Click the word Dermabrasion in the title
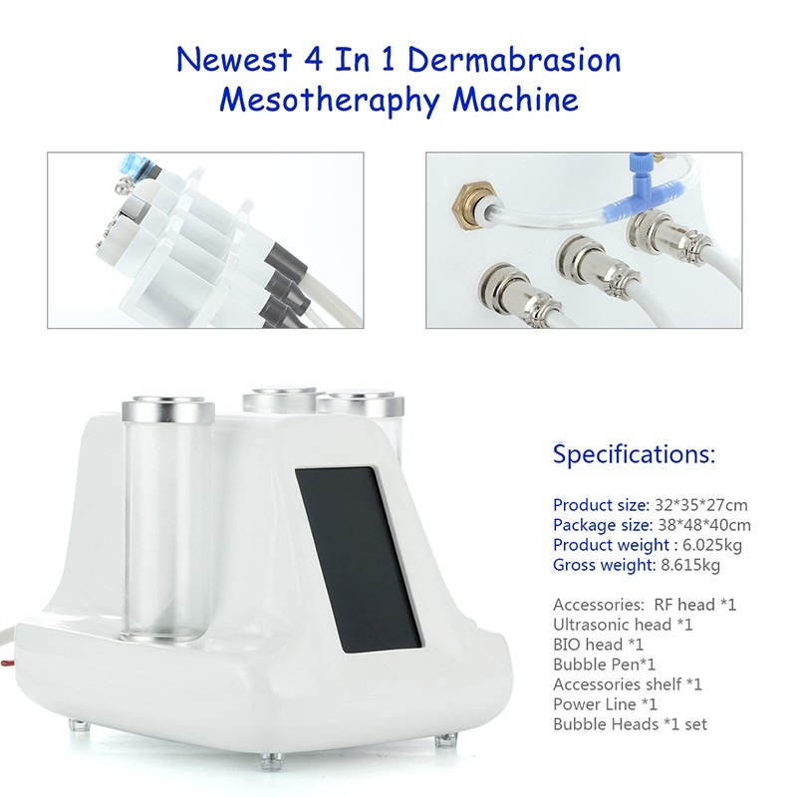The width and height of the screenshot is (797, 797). click(x=514, y=60)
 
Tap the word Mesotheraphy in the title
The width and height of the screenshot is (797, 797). click(x=330, y=100)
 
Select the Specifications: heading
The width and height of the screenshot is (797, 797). click(x=634, y=453)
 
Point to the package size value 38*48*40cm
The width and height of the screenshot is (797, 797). click(x=704, y=525)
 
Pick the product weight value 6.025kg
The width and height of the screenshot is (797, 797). click(x=711, y=545)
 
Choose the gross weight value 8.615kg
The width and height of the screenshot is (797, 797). click(x=689, y=565)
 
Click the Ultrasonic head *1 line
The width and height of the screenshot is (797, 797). click(x=623, y=625)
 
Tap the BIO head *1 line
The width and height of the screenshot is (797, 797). click(x=599, y=645)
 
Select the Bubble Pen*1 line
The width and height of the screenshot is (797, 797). click(x=605, y=664)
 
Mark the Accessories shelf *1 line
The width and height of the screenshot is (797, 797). click(x=628, y=684)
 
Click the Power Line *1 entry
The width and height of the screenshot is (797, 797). click(x=605, y=704)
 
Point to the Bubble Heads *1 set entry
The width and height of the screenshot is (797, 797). click(x=630, y=724)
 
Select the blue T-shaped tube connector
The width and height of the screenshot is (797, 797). click(x=634, y=193)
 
